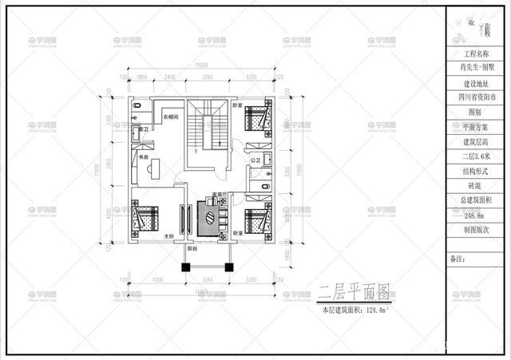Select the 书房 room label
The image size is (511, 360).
pyautogui.click(x=144, y=158)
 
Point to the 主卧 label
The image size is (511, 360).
pyautogui.click(x=169, y=236)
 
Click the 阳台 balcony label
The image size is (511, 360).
pyautogui.click(x=192, y=249)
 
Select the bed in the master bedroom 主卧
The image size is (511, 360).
pyautogui.click(x=145, y=219)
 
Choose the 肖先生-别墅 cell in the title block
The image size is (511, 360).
pyautogui.click(x=476, y=67)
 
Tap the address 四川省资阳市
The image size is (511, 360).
pyautogui.click(x=476, y=98)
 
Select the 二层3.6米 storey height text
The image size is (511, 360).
pyautogui.click(x=476, y=156)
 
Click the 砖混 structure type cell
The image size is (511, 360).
pyautogui.click(x=476, y=185)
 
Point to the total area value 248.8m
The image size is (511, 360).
pyautogui.click(x=476, y=215)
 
